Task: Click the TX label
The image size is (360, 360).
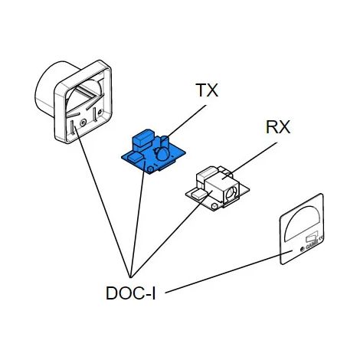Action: click(x=207, y=90)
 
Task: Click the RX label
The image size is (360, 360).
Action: click(x=278, y=127)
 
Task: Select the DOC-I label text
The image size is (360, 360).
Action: click(x=130, y=293)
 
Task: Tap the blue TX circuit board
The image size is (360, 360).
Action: click(x=153, y=152)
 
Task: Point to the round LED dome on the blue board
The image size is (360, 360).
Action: click(x=162, y=155)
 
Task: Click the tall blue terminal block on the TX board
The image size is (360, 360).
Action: click(x=143, y=139)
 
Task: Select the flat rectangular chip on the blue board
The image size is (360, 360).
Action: click(x=135, y=157)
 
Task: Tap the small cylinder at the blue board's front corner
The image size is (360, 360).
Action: click(x=150, y=169)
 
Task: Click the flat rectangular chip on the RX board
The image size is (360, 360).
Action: click(x=199, y=194)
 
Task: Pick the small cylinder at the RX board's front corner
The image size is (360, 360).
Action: click(x=214, y=206)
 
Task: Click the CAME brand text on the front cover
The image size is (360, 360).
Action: click(x=312, y=244)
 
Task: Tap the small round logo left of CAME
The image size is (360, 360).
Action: click(x=302, y=248)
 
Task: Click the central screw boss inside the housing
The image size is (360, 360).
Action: click(x=83, y=123)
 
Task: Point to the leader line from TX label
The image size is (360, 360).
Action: click(x=186, y=121)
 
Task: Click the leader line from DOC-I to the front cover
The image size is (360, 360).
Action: click(x=229, y=272)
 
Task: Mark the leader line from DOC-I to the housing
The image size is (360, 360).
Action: click(x=102, y=201)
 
